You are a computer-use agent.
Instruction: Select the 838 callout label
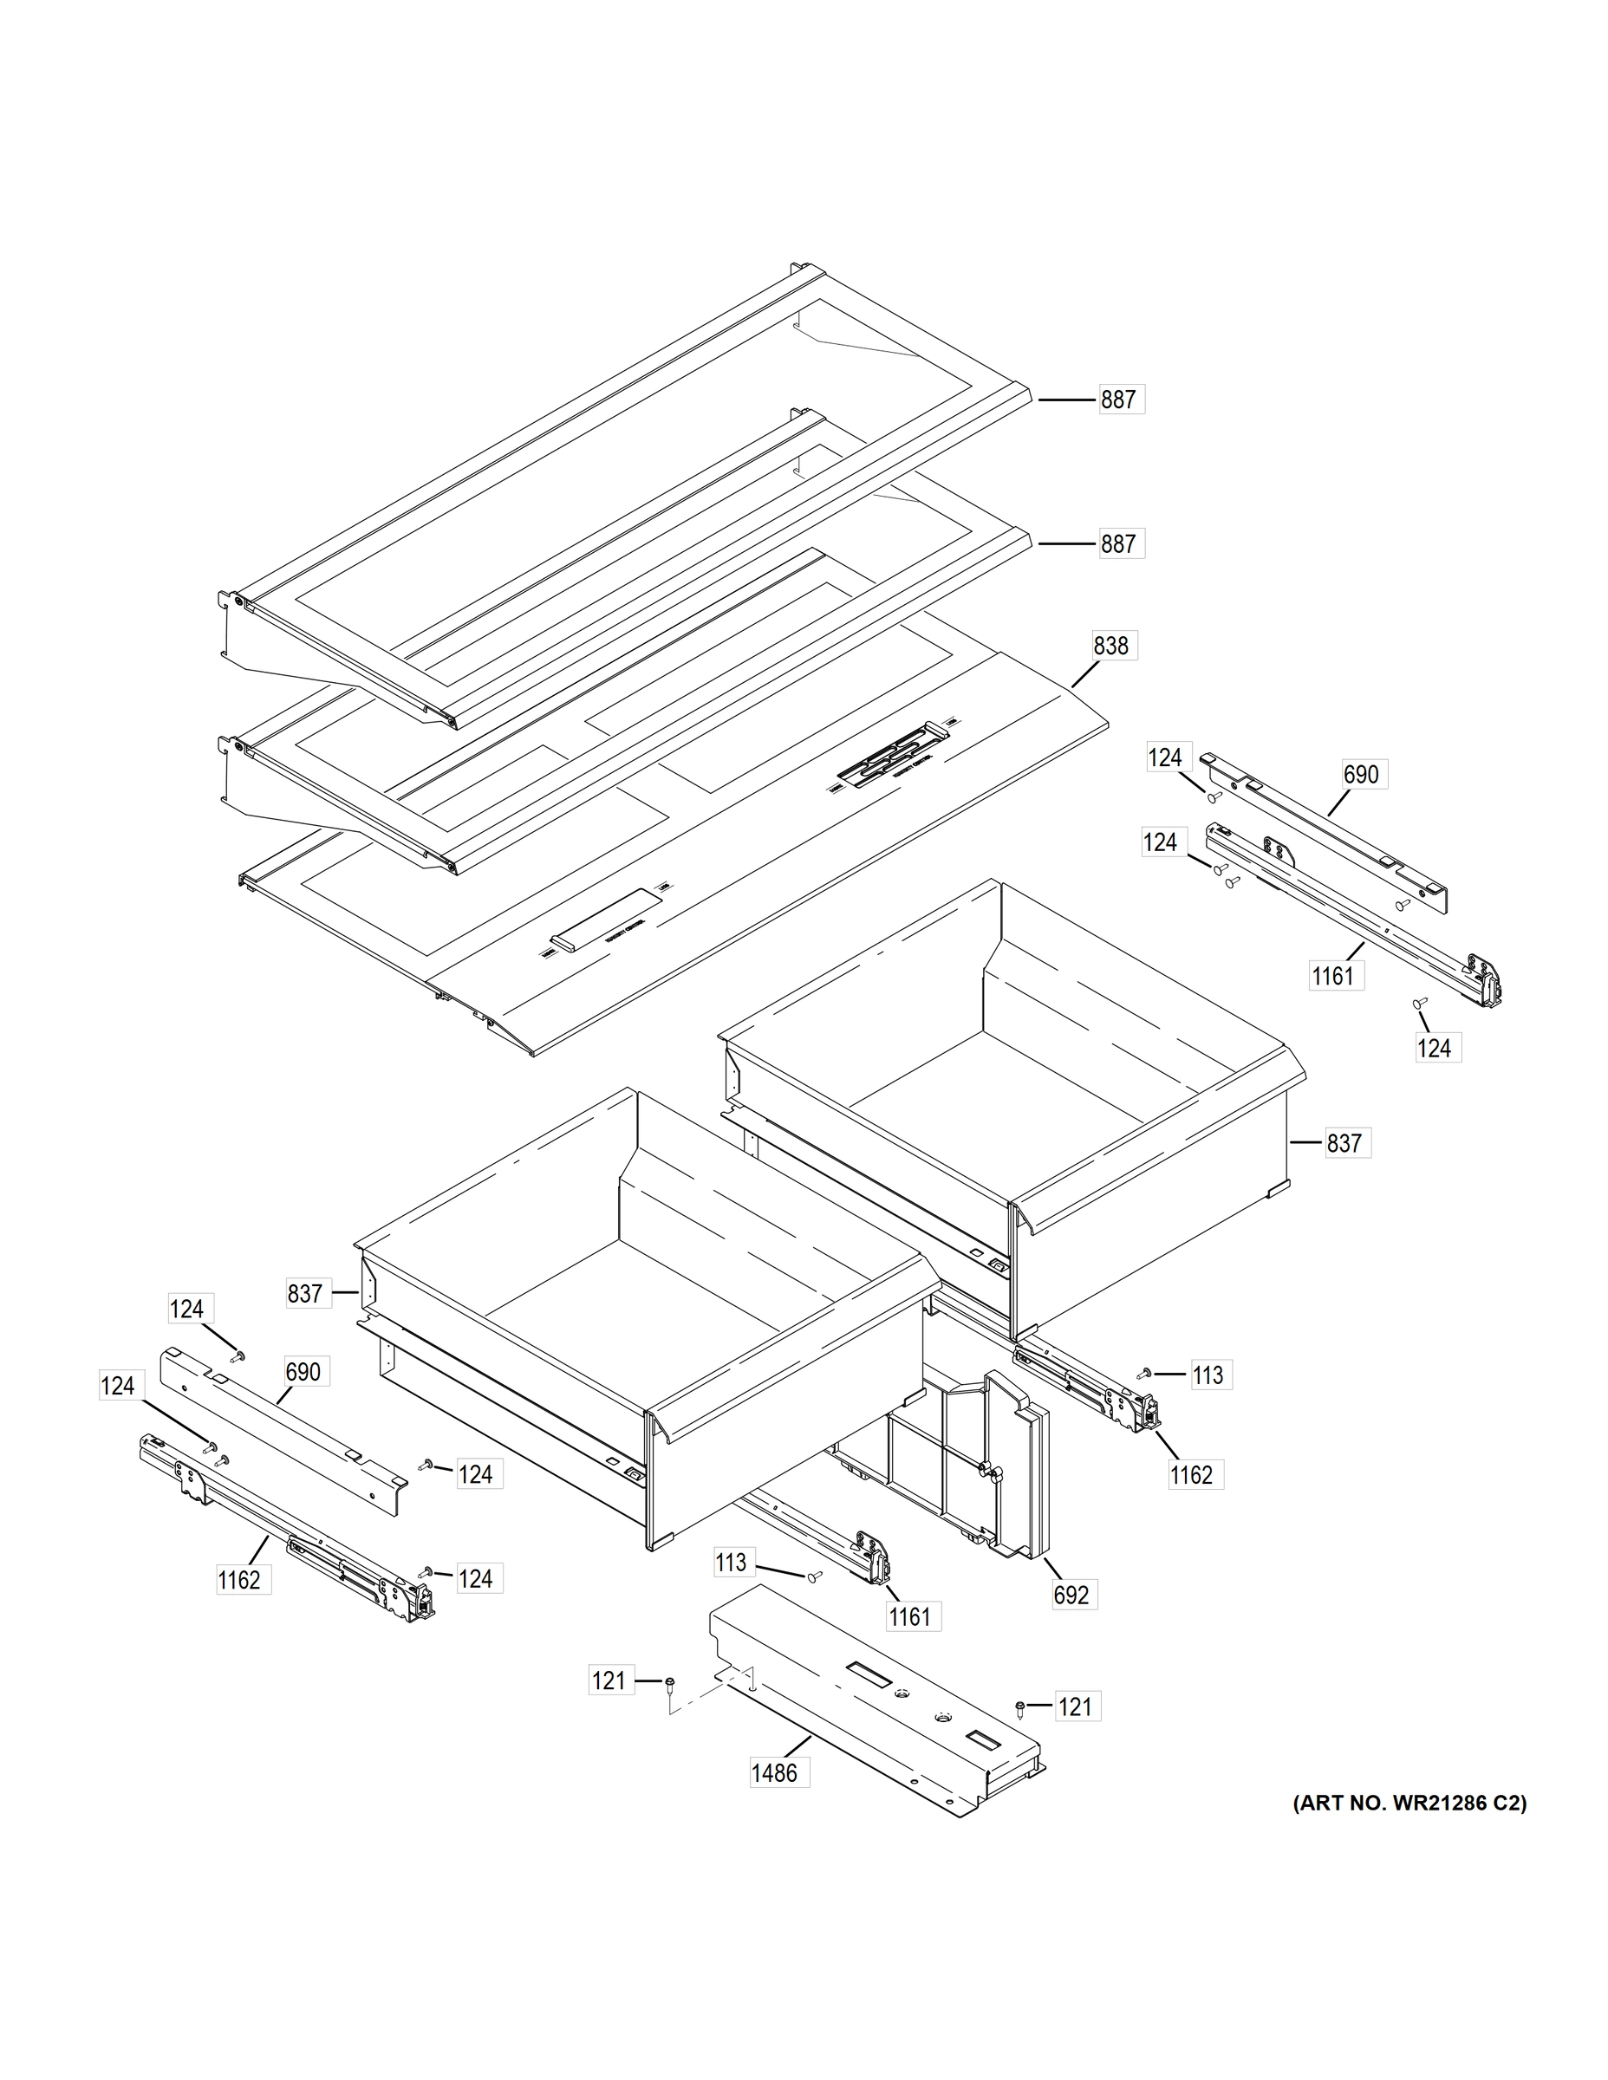[1110, 646]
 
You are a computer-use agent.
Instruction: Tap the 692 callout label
[1071, 1595]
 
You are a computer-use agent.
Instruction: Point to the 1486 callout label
[774, 1772]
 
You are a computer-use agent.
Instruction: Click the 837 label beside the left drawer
[305, 1293]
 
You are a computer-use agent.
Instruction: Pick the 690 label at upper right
[1360, 774]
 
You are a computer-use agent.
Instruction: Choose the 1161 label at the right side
[1332, 975]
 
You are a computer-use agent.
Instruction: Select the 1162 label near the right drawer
[1192, 1474]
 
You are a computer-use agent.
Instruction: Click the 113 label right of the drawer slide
[1208, 1375]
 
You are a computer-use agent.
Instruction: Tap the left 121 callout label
[609, 1681]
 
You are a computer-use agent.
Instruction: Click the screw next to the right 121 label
[1021, 1708]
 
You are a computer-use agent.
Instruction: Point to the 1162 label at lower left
[239, 1580]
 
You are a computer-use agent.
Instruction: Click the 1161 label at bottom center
[908, 1616]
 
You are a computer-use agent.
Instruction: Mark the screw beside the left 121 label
[670, 1684]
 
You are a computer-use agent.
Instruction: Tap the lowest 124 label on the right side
[1434, 1048]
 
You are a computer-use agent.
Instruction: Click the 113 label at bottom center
[732, 1562]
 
